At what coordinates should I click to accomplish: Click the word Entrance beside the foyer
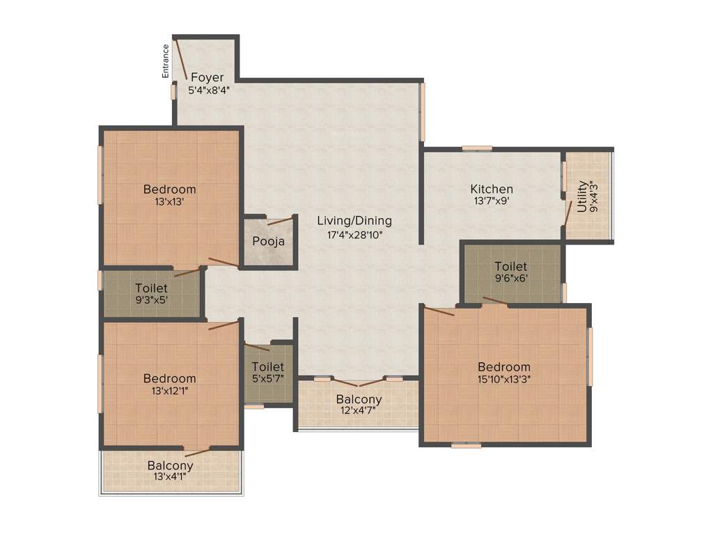tap(166, 61)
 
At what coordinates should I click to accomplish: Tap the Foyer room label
tap(207, 77)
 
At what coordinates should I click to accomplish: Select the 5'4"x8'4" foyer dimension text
tap(209, 90)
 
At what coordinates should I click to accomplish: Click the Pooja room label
tap(268, 242)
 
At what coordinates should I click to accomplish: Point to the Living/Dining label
tap(354, 221)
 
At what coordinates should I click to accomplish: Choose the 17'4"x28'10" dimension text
tap(354, 235)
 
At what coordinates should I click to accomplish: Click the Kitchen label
tap(492, 189)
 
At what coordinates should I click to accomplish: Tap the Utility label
tap(582, 197)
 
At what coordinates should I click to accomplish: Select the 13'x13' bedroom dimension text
tap(169, 202)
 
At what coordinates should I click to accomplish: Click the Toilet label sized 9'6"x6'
tap(510, 267)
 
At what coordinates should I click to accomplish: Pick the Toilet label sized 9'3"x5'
tap(151, 288)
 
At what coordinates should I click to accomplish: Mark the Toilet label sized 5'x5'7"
tap(267, 366)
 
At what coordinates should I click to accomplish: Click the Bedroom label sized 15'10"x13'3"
tap(503, 367)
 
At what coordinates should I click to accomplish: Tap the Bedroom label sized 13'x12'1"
tap(169, 378)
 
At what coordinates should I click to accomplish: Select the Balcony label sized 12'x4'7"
tap(359, 399)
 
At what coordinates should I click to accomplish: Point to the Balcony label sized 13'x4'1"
tap(170, 465)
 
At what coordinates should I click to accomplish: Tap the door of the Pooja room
tap(281, 222)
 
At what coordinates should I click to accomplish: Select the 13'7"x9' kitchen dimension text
tap(492, 202)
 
